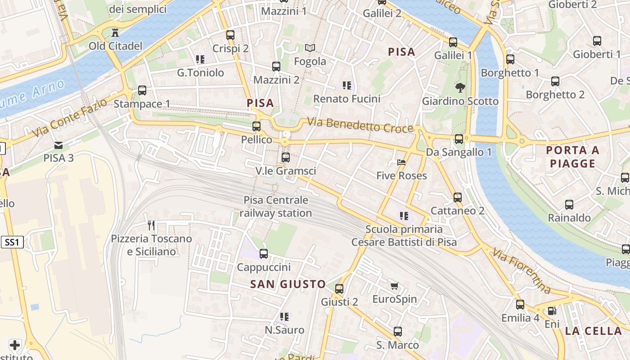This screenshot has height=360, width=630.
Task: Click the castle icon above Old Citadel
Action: [115, 32]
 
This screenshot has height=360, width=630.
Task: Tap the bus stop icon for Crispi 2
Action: [230, 35]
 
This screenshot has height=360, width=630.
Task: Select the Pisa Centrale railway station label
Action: [275, 207]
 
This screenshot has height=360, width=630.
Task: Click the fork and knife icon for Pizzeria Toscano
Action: [151, 225]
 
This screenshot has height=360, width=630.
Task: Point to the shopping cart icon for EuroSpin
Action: [395, 286]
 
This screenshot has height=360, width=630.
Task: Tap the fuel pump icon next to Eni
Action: [552, 310]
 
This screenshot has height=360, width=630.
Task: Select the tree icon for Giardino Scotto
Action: [460, 87]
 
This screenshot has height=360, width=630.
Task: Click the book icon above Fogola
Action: [310, 47]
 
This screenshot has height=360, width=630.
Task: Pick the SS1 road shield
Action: [12, 243]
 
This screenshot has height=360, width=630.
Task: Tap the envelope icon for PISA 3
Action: [58, 145]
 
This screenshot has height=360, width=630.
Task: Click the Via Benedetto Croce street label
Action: [360, 125]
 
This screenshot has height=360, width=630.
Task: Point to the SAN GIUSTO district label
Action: [288, 284]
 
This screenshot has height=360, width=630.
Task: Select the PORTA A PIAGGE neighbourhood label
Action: [572, 157]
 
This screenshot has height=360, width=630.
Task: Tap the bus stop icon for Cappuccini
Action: [264, 254]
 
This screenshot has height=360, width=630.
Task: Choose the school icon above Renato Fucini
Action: [346, 85]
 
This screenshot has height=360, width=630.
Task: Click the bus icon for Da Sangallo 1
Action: [459, 139]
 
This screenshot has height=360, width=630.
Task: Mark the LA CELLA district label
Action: [593, 331]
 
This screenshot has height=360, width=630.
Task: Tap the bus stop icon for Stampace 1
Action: [142, 90]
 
